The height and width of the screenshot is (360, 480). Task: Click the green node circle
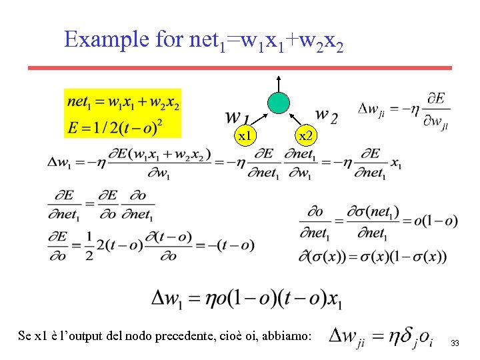pyautogui.click(x=279, y=101)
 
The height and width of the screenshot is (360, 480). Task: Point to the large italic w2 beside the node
pyautogui.click(x=325, y=116)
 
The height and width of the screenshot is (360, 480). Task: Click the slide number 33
pyautogui.click(x=455, y=343)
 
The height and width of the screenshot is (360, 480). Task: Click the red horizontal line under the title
pyautogui.click(x=240, y=67)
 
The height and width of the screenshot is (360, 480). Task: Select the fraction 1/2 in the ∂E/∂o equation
pyautogui.click(x=89, y=245)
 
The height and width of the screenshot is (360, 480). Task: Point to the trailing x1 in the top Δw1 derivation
pyautogui.click(x=396, y=164)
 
